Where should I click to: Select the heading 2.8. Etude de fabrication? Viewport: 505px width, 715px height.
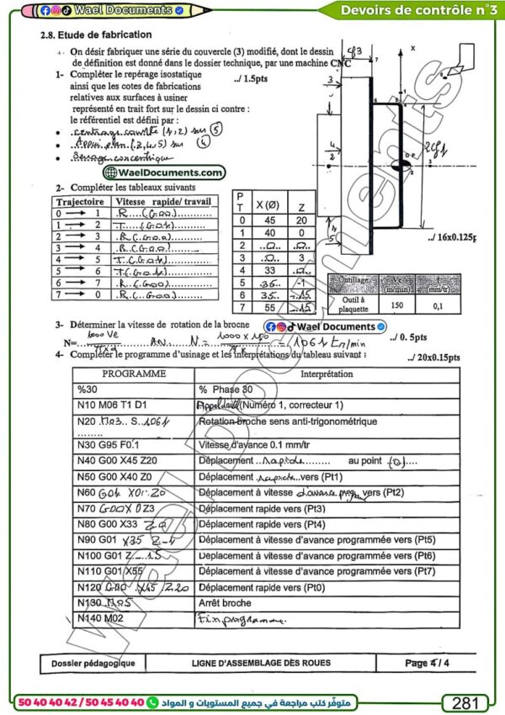pos(96,35)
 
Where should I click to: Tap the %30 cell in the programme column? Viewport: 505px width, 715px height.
pos(88,389)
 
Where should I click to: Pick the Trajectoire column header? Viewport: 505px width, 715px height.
pos(79,203)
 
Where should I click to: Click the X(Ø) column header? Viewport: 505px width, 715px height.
pos(268,205)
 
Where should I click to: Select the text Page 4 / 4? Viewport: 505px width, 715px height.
pos(428,663)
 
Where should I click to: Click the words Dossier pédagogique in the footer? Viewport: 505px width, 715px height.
pos(88,664)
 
